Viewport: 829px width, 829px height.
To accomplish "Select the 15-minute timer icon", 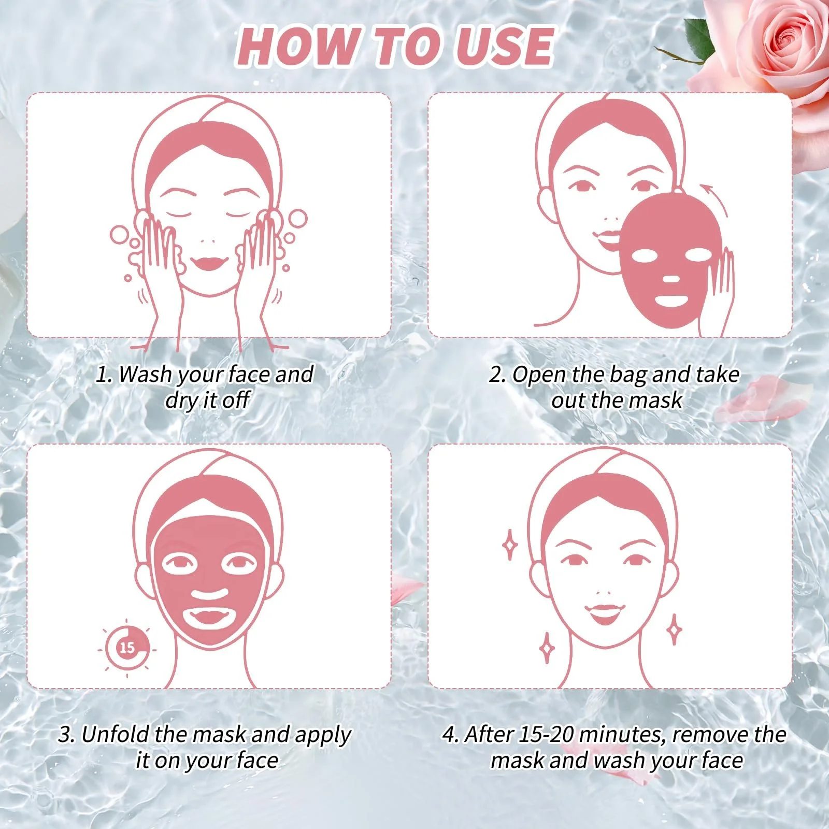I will coord(127,648).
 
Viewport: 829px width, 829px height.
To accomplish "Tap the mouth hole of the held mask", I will coord(671,301).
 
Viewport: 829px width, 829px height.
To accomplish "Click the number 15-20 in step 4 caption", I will coord(546,734).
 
